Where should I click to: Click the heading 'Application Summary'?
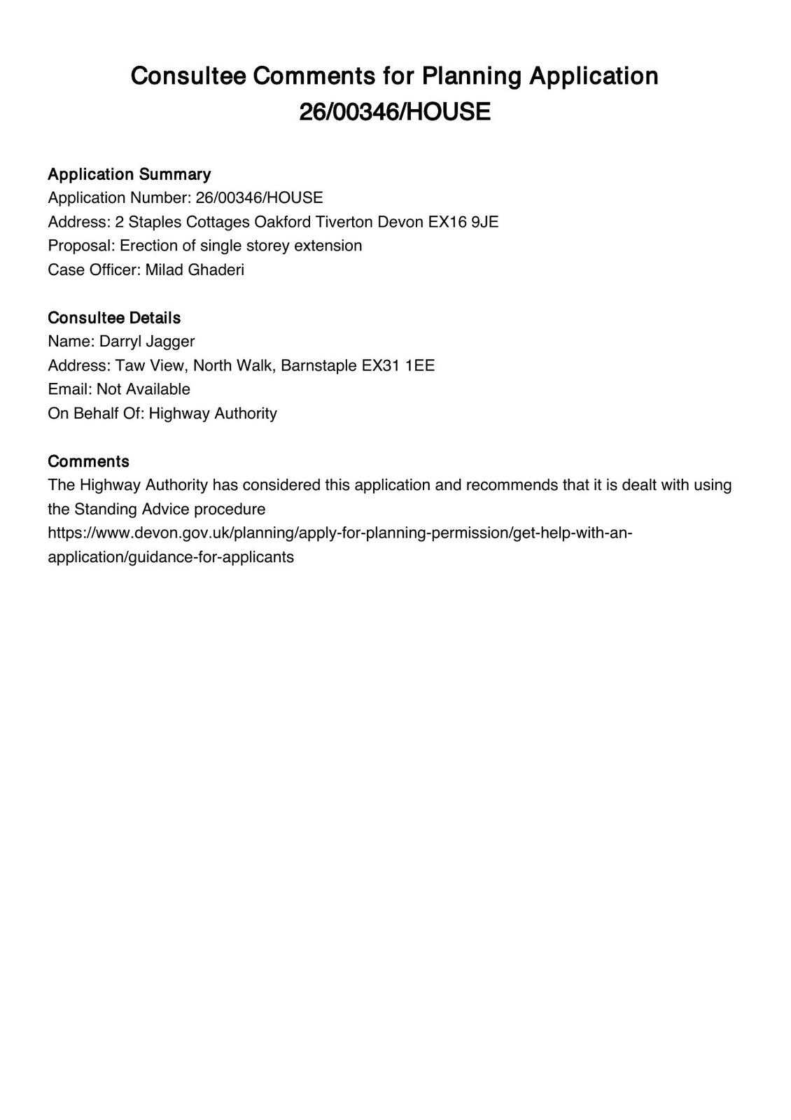point(129,174)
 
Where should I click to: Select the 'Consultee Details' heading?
point(114,318)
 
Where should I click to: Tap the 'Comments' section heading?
point(88,461)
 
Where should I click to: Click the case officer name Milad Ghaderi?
point(195,270)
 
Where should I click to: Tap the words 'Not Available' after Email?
point(143,389)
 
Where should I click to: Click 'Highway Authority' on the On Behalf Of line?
point(213,414)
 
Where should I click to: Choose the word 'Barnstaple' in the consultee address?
point(318,365)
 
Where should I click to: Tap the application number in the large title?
point(395,112)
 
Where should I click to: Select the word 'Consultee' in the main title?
point(188,76)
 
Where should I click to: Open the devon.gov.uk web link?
point(339,533)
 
